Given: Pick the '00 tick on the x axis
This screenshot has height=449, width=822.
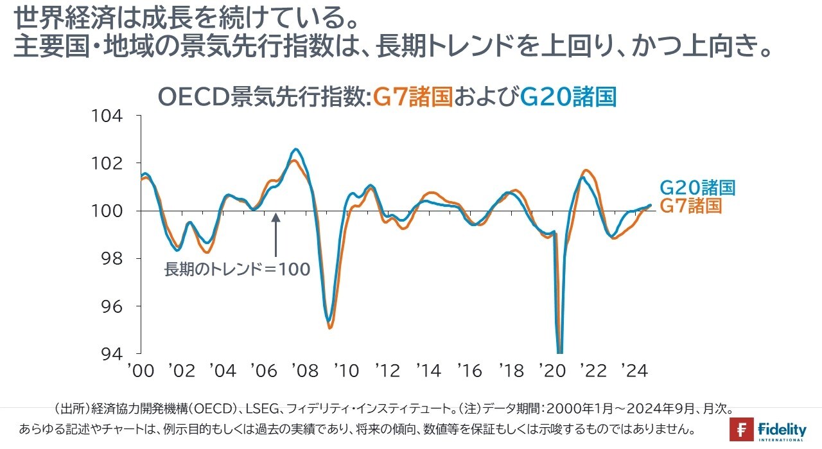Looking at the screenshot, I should pos(141,371).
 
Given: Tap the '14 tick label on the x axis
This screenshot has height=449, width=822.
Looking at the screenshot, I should pos(428,371).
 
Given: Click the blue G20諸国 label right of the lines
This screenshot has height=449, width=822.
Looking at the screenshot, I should pos(697,188).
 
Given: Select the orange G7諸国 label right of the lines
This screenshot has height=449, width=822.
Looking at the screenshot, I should pos(691,206).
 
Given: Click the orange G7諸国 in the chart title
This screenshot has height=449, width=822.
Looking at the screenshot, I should pos(414,97).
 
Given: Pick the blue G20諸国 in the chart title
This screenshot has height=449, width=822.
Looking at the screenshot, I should pos(568,97).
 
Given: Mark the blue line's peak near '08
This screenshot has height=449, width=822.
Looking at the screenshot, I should pos(295,149).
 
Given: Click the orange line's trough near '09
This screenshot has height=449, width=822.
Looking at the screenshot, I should pos(330,328).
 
